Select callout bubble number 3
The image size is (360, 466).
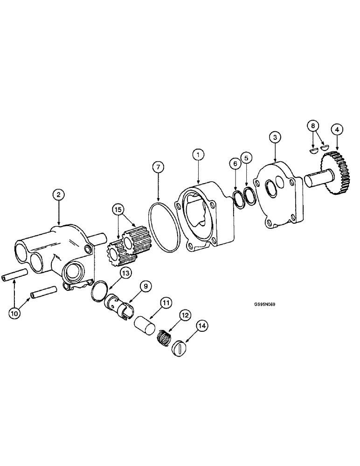pos(275,137)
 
